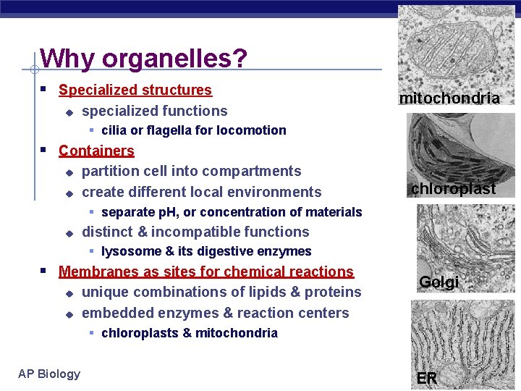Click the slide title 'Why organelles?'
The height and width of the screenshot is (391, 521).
[x=143, y=59]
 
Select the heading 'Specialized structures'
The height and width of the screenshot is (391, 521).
[x=135, y=91]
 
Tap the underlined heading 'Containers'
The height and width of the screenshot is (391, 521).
[x=96, y=151]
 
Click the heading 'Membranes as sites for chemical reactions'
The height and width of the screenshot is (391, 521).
[x=206, y=272]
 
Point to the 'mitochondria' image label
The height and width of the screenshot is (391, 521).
[x=449, y=98]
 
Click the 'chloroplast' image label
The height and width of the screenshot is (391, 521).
[x=453, y=189]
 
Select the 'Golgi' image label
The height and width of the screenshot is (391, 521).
[x=439, y=282]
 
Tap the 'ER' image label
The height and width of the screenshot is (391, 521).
[x=427, y=378]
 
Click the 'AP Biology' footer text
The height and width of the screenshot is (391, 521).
[x=49, y=374]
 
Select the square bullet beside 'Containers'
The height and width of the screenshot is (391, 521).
[x=44, y=151]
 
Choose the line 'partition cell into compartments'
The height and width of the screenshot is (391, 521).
[x=191, y=172]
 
